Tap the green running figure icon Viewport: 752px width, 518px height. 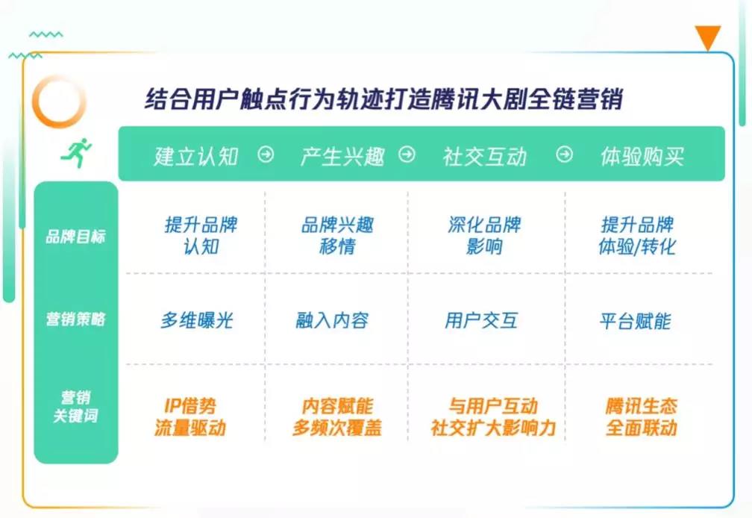(76, 153)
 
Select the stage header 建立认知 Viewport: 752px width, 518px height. (195, 156)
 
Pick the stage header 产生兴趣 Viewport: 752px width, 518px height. (342, 156)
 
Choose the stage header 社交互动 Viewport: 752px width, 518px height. (484, 156)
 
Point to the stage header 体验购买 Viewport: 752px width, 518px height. (642, 156)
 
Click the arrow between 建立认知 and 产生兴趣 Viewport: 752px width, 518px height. (266, 155)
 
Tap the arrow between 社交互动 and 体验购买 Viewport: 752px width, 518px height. (564, 155)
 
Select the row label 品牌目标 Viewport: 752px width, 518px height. (75, 237)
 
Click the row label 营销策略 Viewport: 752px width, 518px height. (75, 319)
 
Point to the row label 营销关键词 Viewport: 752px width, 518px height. (76, 406)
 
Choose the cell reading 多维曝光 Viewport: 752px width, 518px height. (197, 320)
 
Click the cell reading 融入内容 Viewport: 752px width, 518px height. (332, 320)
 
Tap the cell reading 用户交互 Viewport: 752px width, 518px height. (481, 320)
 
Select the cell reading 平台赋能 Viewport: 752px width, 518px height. (635, 321)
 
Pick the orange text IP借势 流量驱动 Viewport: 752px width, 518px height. (190, 416)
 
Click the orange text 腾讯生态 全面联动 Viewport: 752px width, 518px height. (642, 416)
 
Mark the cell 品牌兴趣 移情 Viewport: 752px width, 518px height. (338, 236)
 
